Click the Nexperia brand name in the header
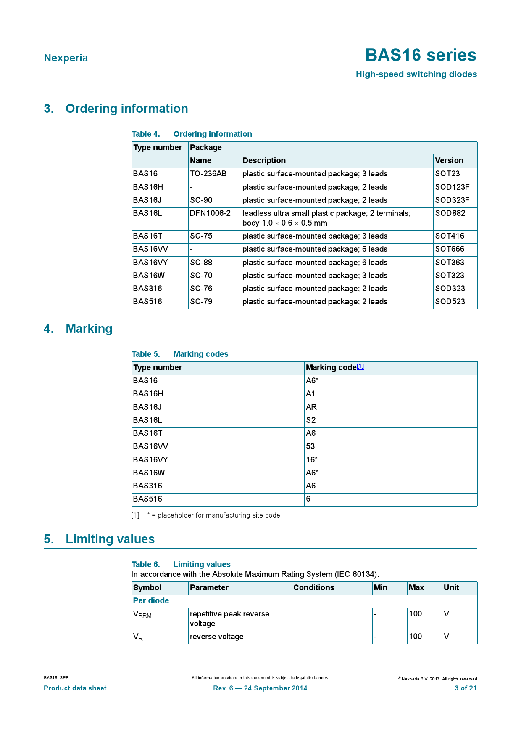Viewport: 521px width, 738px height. pos(66,58)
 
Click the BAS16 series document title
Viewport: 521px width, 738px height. pos(421,55)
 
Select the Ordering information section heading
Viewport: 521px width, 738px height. pos(126,109)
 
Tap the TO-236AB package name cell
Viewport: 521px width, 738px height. pos(208,174)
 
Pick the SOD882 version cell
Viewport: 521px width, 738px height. pos(450,213)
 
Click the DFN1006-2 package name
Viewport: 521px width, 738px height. pos(210,213)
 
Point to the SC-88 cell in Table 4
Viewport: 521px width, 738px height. pos(201,263)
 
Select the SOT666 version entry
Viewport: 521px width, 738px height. pos(450,249)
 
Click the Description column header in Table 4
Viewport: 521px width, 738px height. pos(264,161)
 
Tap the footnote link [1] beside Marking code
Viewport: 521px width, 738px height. pos(360,366)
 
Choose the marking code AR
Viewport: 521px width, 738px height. pos(311,407)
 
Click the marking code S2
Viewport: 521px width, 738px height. pos(311,420)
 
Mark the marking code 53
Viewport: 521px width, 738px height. pos(310,446)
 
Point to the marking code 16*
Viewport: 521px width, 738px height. pos(312,460)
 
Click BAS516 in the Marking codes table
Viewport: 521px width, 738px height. pos(147,499)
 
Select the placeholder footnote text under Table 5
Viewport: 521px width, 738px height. pos(213,515)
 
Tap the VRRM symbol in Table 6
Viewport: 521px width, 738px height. pos(142,614)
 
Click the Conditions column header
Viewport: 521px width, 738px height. pos(314,588)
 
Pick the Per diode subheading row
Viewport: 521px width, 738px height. pos(151,601)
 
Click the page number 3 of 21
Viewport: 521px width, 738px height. pos(466,688)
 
